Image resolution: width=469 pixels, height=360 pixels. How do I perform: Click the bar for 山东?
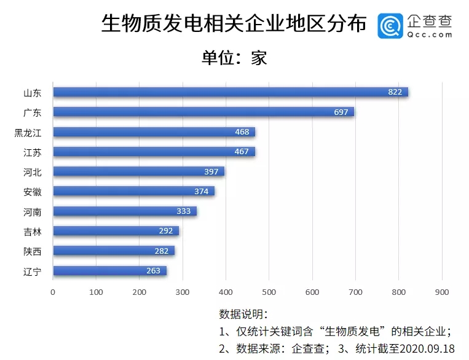[231, 92]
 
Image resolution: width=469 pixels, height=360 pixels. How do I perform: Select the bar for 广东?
[203, 112]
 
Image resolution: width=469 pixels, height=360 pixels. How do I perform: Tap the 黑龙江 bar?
[154, 132]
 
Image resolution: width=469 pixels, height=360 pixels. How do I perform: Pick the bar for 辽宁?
[109, 271]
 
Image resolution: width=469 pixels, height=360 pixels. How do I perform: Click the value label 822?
[395, 92]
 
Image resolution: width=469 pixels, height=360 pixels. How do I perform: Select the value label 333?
[184, 211]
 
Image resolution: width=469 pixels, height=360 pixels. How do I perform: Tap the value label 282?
[162, 251]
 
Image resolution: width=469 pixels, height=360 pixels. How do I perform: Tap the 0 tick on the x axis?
[53, 292]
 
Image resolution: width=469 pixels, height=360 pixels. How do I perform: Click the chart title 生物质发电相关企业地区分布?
[234, 24]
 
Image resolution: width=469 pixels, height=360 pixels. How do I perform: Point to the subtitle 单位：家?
[234, 58]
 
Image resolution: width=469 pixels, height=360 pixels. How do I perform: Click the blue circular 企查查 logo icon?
[390, 25]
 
